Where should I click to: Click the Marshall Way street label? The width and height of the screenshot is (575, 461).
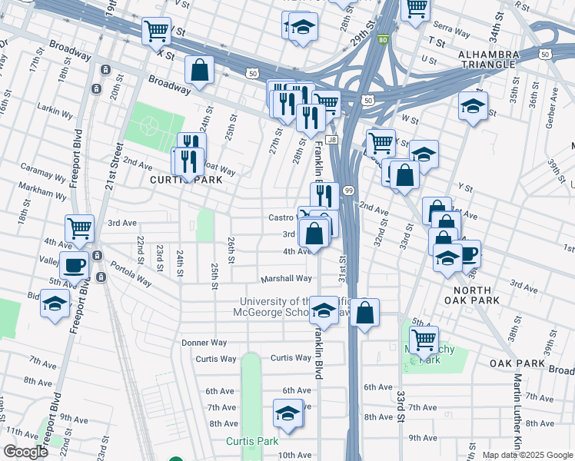pyautogui.click(x=285, y=279)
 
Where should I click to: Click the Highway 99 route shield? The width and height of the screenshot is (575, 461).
pyautogui.click(x=348, y=190)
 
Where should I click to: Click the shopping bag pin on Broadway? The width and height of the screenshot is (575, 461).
pyautogui.click(x=199, y=71)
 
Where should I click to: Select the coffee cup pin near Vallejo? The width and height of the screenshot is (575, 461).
pyautogui.click(x=74, y=265)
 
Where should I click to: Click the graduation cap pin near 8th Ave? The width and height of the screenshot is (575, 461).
pyautogui.click(x=287, y=414)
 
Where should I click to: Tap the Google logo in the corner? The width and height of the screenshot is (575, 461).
pyautogui.click(x=25, y=452)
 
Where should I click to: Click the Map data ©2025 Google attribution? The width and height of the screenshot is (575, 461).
pyautogui.click(x=527, y=455)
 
